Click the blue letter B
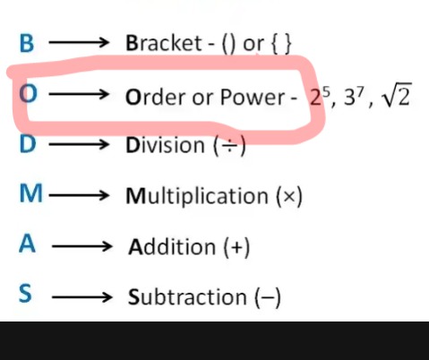[27, 44]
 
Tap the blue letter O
[28, 94]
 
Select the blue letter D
[28, 144]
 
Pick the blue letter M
[30, 193]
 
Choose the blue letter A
[27, 244]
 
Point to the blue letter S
[25, 294]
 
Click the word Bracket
[164, 43]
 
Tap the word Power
[253, 97]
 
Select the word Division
[165, 145]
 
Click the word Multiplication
[197, 197]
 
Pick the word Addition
[172, 246]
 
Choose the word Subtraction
[187, 297]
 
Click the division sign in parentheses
[229, 146]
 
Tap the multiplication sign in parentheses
[289, 196]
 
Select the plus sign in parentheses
[236, 247]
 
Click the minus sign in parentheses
[268, 297]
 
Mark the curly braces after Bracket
[280, 44]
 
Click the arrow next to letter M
[79, 196]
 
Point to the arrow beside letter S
[82, 297]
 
